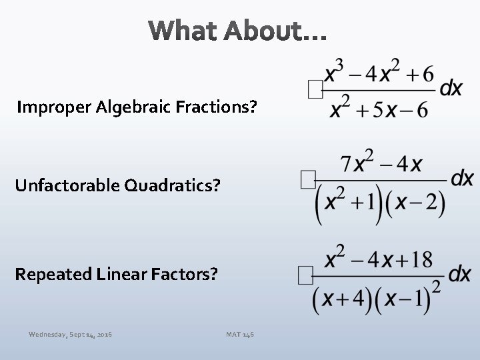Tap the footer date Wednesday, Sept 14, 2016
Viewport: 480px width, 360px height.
pos(70,333)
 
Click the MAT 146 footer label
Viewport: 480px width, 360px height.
pos(240,333)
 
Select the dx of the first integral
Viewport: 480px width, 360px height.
pos(451,88)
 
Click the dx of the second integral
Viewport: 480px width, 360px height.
pos(462,178)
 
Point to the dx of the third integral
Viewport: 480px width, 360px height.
pos(460,273)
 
